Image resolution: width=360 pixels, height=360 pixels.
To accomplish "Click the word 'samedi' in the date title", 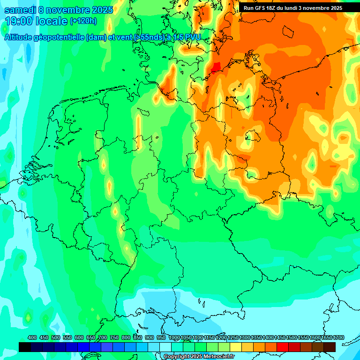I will [20, 10].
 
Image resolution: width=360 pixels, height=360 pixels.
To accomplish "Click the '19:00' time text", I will [19, 21].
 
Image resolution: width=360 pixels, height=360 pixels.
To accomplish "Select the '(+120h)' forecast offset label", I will [83, 21].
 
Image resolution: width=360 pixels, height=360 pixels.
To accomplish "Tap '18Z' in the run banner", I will [277, 8].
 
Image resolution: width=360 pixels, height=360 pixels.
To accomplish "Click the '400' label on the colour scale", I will [32, 338].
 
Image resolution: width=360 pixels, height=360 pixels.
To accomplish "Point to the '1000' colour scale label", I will [174, 338].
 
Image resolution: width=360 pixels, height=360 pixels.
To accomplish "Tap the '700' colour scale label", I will [103, 338].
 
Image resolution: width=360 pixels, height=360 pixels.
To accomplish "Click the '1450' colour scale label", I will [280, 338].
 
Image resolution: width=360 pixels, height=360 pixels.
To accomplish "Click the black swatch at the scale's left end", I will [25, 347].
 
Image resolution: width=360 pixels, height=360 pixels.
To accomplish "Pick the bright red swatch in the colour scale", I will [283, 347].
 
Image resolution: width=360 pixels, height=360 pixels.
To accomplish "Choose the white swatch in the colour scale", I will [165, 347].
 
